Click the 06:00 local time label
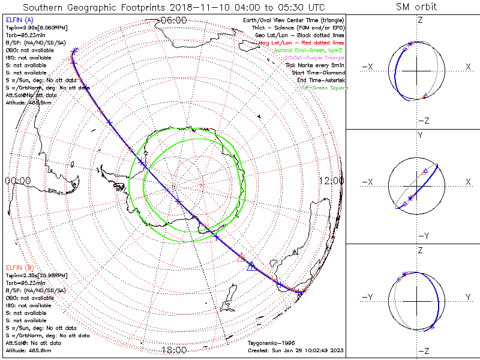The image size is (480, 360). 174,20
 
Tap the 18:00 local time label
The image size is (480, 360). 174,350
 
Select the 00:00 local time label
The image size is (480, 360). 17,181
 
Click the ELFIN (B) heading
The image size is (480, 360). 19,267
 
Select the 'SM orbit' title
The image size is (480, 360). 416,7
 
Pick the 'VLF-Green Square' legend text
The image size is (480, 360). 324,88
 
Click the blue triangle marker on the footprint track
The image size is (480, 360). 251,266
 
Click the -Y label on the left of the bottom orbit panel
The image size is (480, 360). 368,297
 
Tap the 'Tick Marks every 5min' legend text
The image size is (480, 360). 315,65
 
